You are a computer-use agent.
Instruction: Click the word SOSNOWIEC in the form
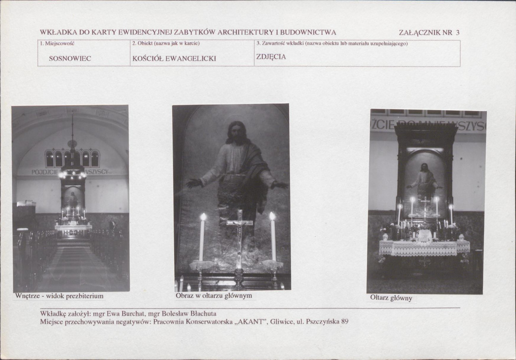70,59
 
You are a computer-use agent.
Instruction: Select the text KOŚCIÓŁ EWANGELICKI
174,59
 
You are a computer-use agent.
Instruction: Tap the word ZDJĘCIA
271,57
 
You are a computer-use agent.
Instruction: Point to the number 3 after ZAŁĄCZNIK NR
457,33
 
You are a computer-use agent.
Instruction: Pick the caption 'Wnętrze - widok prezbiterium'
59,296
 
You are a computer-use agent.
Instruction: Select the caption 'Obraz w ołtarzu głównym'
214,295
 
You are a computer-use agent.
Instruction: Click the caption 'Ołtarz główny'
391,298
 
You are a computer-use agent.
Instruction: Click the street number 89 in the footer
345,322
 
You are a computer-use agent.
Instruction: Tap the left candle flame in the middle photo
203,217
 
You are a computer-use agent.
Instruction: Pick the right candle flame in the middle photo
272,216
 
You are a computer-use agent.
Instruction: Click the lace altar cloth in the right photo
424,248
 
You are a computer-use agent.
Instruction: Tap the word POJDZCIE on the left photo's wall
45,172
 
